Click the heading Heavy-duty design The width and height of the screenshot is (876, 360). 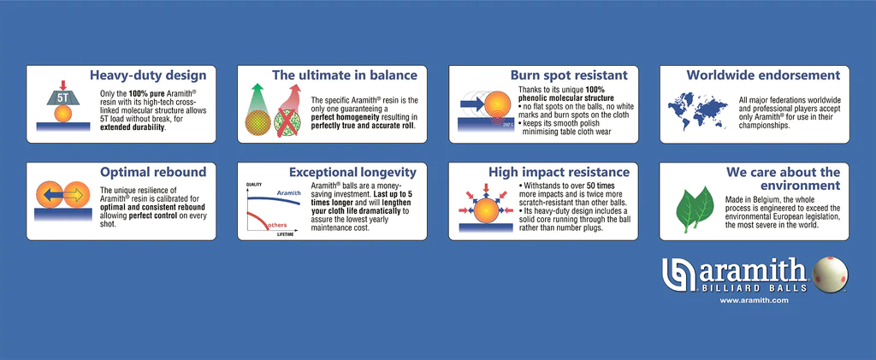(148, 74)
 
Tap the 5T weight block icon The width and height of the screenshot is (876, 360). (62, 97)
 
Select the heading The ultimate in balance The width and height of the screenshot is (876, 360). (345, 74)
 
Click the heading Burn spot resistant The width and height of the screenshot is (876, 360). (569, 74)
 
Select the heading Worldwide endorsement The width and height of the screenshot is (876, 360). (763, 74)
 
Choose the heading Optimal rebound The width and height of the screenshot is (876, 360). (153, 171)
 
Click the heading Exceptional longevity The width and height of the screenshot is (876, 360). (352, 171)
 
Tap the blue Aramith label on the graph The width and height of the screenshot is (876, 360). (289, 192)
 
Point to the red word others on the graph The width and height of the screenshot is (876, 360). (277, 225)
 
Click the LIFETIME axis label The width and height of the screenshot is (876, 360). (286, 235)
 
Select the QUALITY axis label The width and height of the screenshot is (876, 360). (254, 184)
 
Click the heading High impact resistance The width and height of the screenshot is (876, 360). (559, 171)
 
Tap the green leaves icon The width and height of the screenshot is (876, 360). (695, 210)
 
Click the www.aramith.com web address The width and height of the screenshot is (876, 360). (754, 300)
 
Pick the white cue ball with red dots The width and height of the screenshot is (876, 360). (830, 274)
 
